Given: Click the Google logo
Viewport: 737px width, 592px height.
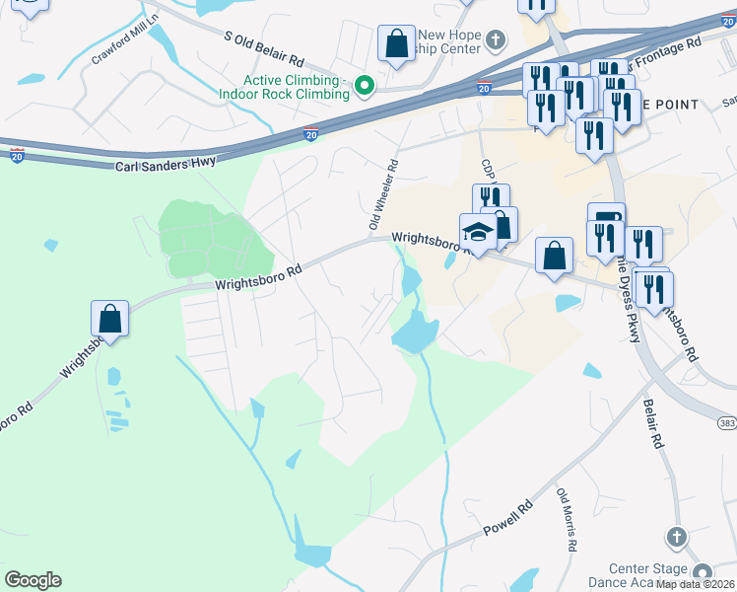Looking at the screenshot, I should (x=33, y=580).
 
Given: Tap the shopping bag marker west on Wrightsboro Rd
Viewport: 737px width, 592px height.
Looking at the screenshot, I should (x=109, y=320).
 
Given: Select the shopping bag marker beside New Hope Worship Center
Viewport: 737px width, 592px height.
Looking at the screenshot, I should (x=396, y=44).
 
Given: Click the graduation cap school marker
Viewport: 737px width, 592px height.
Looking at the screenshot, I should (x=478, y=233).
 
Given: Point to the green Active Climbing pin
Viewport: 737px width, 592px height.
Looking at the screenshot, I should (x=365, y=87).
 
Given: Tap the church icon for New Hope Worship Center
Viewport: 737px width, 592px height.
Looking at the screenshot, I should (x=496, y=40).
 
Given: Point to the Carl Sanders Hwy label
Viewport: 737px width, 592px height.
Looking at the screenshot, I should (x=166, y=165).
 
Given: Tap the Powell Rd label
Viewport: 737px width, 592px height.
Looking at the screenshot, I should (x=507, y=523).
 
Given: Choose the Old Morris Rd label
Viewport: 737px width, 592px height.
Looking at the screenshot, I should (x=567, y=518).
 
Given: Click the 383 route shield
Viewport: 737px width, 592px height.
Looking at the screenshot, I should (x=727, y=423).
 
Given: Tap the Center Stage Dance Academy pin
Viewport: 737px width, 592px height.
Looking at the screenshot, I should (x=702, y=573).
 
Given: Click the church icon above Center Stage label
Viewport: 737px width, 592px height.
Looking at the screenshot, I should (x=675, y=538).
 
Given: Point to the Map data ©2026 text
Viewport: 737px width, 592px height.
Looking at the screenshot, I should (x=696, y=584).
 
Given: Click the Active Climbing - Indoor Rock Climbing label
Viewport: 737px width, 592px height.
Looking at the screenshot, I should (x=297, y=87).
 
